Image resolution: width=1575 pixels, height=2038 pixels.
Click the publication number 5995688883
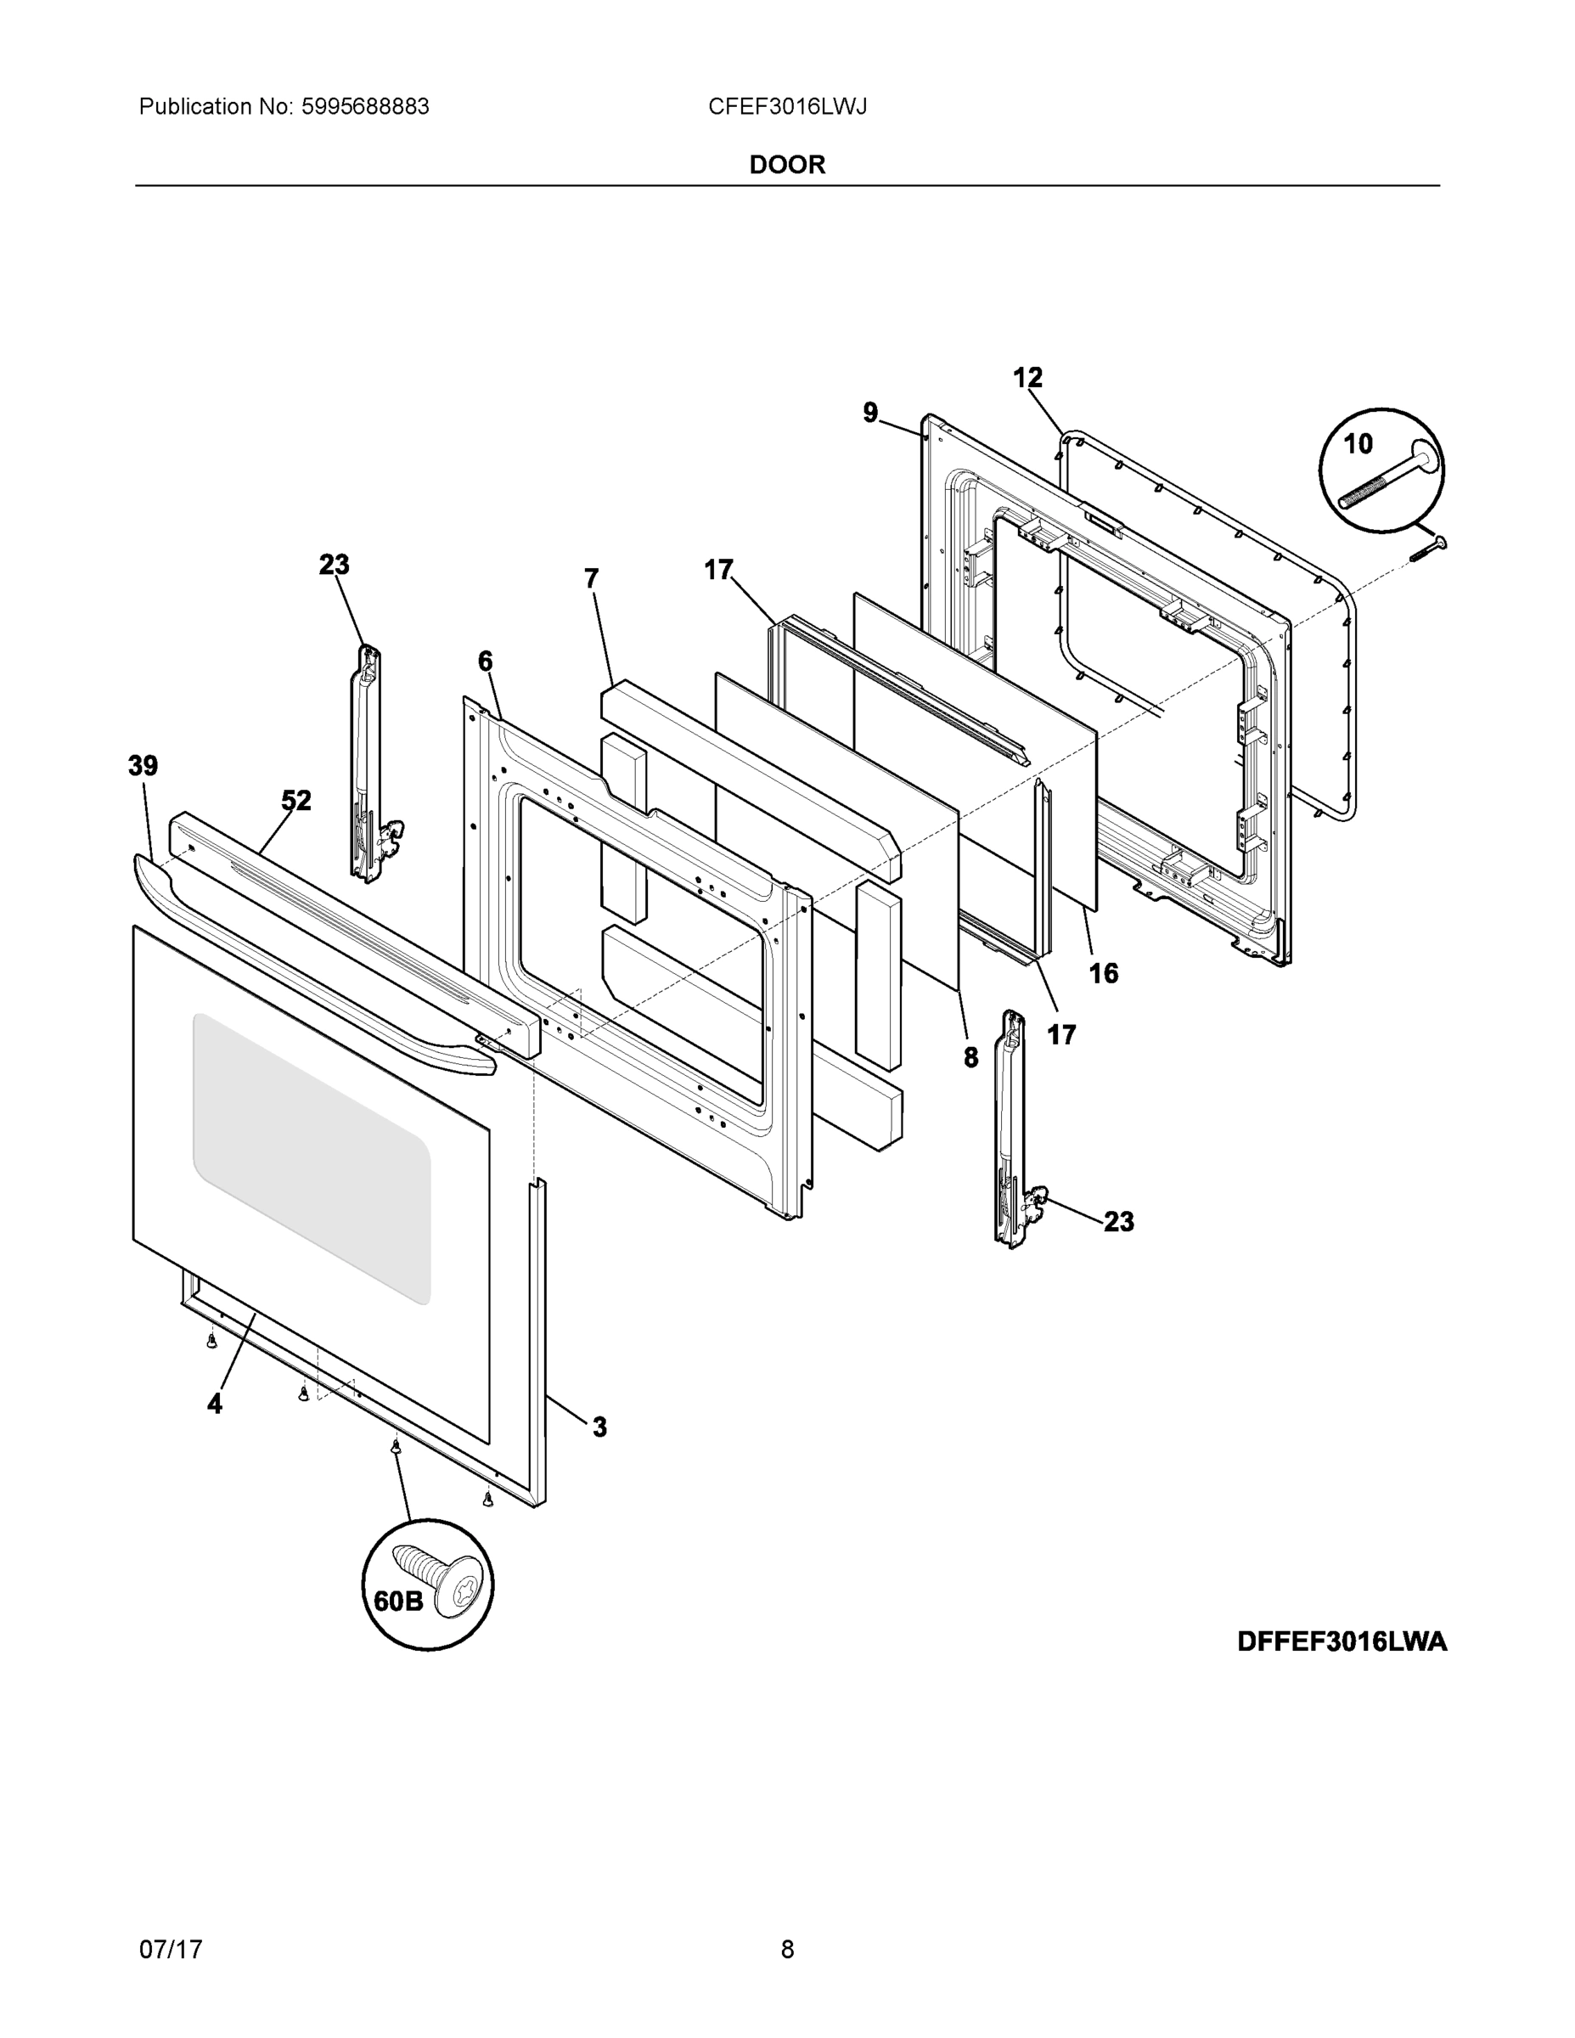point(365,107)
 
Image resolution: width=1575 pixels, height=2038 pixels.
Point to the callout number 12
point(1027,378)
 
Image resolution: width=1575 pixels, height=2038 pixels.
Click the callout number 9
point(869,413)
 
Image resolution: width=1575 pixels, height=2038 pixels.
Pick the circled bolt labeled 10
point(1381,471)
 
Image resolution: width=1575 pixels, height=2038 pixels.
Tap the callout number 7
point(592,578)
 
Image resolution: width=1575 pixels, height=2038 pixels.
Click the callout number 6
point(485,662)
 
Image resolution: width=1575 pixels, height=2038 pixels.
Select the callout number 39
point(143,766)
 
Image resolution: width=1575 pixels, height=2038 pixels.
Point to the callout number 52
point(295,801)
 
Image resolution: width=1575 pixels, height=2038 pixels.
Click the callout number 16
point(1103,973)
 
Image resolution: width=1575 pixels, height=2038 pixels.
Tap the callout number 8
point(970,1057)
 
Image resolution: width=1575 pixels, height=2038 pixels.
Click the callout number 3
point(599,1427)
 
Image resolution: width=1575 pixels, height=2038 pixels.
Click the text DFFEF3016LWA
point(1342,1641)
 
